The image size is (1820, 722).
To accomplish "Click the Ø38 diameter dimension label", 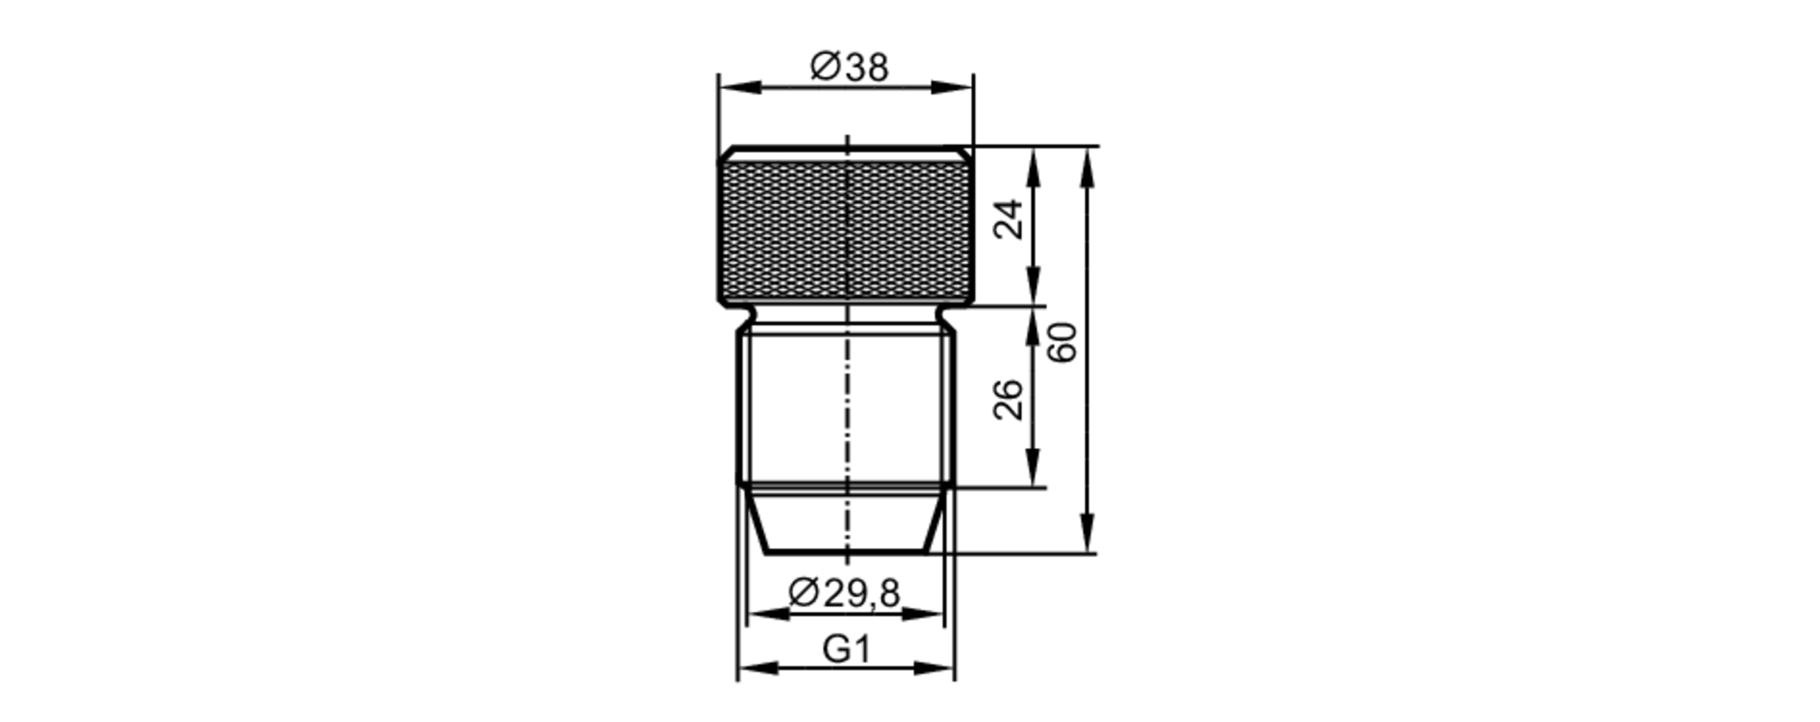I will tap(848, 67).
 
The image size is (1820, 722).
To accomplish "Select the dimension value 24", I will tap(1008, 219).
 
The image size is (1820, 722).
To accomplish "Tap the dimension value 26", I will tap(1008, 399).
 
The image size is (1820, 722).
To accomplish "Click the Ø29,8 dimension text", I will tap(844, 594).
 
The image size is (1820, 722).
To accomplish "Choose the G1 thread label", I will tap(846, 650).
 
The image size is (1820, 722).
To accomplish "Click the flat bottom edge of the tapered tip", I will tap(845, 552).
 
